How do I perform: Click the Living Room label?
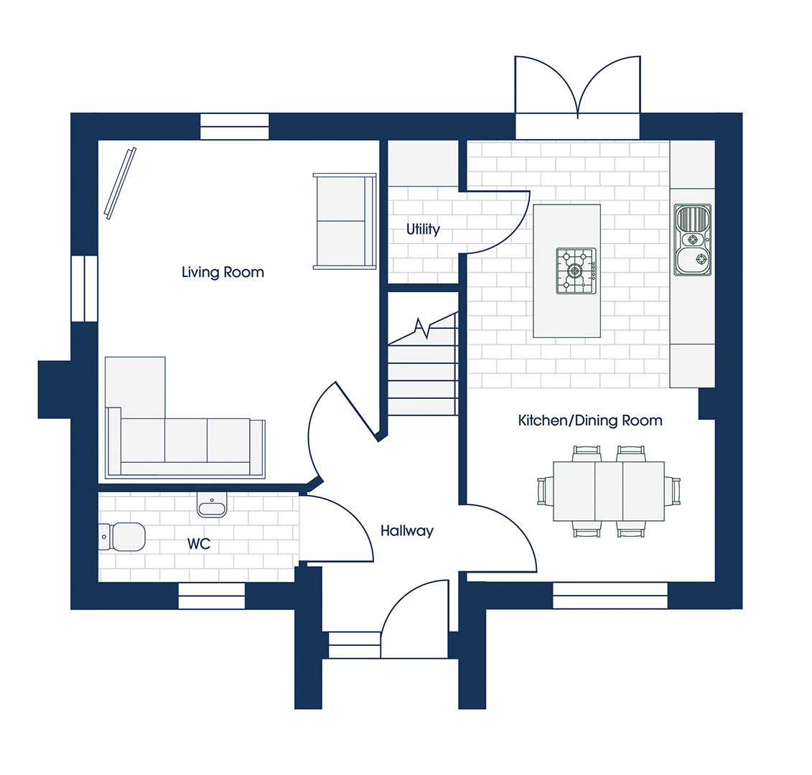(x=223, y=272)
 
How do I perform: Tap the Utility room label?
(x=423, y=229)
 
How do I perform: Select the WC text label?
(x=199, y=544)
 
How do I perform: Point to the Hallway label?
(x=407, y=531)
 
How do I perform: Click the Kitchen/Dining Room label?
(x=590, y=421)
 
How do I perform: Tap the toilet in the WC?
(x=122, y=537)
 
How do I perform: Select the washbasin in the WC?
(x=212, y=504)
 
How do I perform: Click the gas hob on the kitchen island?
(x=576, y=271)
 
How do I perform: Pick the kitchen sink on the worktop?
(x=692, y=240)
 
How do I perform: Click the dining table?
(x=609, y=492)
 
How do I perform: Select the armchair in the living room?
(x=345, y=221)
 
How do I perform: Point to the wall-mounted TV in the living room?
(x=120, y=183)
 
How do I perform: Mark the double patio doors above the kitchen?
(x=577, y=87)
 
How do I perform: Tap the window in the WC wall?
(x=211, y=596)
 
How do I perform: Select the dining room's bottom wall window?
(x=610, y=596)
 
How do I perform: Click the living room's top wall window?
(x=235, y=126)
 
